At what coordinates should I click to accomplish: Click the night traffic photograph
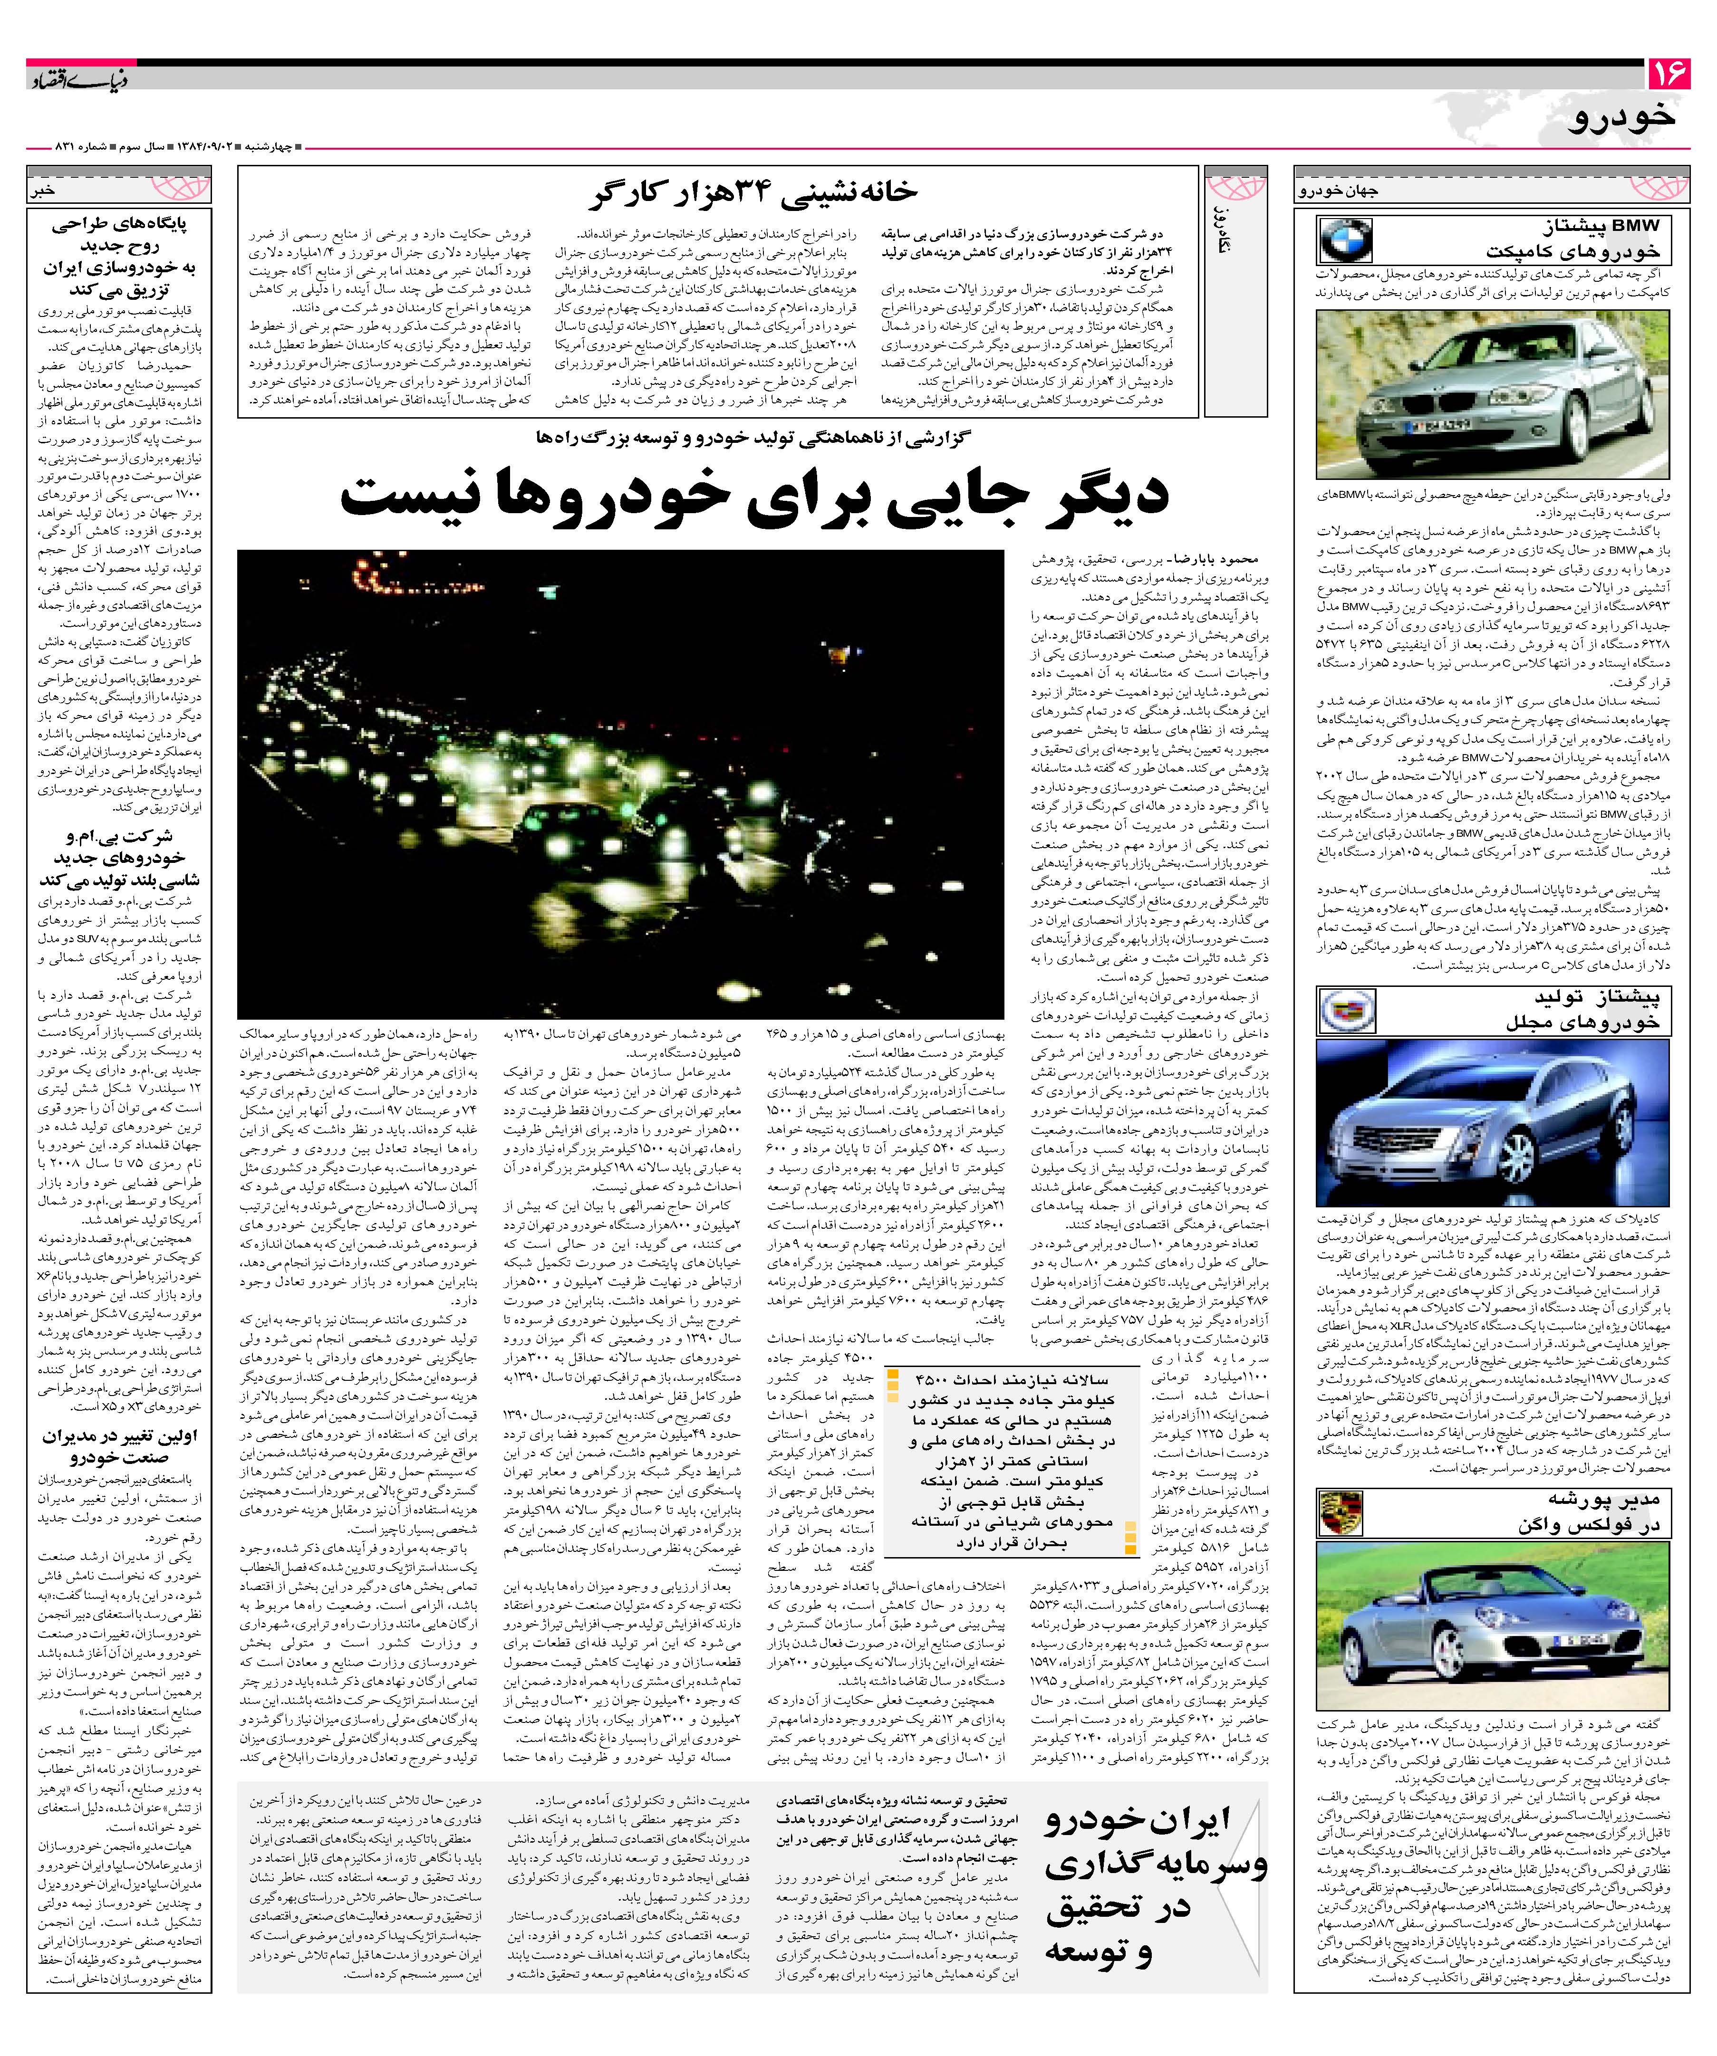620,783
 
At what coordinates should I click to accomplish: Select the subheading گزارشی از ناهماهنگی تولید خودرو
754,437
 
